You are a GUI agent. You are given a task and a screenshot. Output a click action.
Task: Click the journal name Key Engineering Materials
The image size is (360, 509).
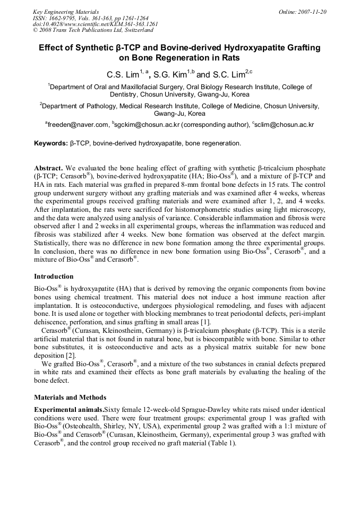[x=66, y=12]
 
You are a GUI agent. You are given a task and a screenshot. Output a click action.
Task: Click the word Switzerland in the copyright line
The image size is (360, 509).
[x=133, y=31]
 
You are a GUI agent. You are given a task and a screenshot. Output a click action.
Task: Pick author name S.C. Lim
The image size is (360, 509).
[x=228, y=74]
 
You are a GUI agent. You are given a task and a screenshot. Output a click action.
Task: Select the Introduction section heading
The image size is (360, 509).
[x=54, y=277]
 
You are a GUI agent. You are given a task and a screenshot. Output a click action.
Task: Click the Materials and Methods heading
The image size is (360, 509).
[x=70, y=398]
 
